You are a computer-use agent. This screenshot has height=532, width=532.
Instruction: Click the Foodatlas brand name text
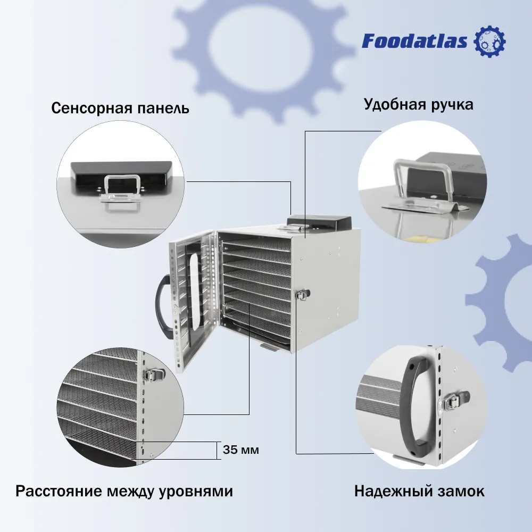click(x=414, y=41)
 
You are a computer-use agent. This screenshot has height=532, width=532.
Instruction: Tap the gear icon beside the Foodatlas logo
click(x=489, y=41)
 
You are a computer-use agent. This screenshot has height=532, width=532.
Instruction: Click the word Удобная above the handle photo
click(x=395, y=104)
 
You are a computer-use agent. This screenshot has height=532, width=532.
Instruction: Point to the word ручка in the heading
click(x=452, y=104)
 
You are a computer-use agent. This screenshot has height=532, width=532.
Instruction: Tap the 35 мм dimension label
click(x=241, y=450)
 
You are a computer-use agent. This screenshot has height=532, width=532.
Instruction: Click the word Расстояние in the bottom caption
click(x=59, y=491)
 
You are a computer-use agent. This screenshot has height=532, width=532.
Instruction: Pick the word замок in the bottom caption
click(x=460, y=492)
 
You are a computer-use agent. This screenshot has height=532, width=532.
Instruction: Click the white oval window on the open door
click(x=194, y=291)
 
